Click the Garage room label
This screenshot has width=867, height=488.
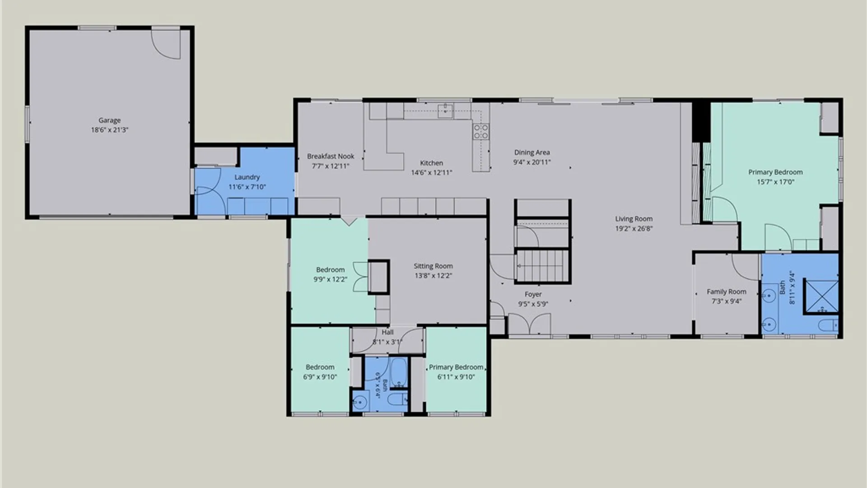coord(109,120)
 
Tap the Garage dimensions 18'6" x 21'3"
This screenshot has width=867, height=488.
coord(109,130)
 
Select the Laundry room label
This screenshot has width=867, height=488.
coord(247,177)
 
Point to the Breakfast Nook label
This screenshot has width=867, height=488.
coord(331,156)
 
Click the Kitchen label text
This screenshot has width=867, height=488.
coord(431,163)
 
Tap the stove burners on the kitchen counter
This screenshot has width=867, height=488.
coord(480,131)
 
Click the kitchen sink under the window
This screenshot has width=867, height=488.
coord(445,111)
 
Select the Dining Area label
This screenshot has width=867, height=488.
coord(532,152)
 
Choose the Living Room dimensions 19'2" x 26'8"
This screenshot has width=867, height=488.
coord(634,229)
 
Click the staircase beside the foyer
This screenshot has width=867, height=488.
coord(542,266)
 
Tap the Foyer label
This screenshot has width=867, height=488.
coord(533,294)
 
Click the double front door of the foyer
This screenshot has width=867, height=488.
coord(530,324)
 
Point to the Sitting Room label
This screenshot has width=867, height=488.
coord(433,266)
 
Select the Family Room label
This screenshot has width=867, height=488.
coord(726,292)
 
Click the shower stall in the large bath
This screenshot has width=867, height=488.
coord(821,296)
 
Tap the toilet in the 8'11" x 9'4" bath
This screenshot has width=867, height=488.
coord(828,325)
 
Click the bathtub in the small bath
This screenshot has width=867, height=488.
coord(398,372)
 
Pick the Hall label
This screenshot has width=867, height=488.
coord(387,332)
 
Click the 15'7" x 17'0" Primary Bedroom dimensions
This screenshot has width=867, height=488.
coord(775,182)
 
